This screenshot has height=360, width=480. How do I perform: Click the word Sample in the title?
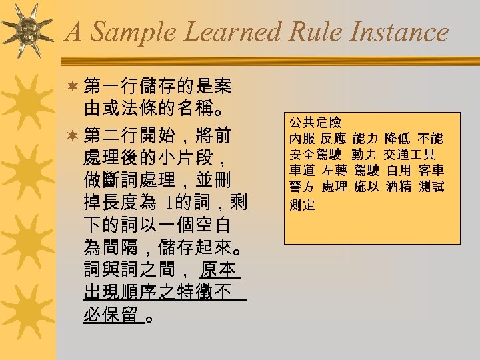(x=127, y=32)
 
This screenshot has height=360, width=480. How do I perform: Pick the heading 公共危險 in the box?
(x=315, y=123)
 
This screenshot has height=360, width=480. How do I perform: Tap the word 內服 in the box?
(x=301, y=139)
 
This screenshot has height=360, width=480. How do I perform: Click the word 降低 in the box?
(x=398, y=139)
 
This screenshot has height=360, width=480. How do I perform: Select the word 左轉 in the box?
(x=333, y=171)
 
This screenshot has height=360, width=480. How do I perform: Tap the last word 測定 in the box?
(x=301, y=205)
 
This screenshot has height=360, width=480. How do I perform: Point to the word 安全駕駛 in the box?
(x=315, y=155)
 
